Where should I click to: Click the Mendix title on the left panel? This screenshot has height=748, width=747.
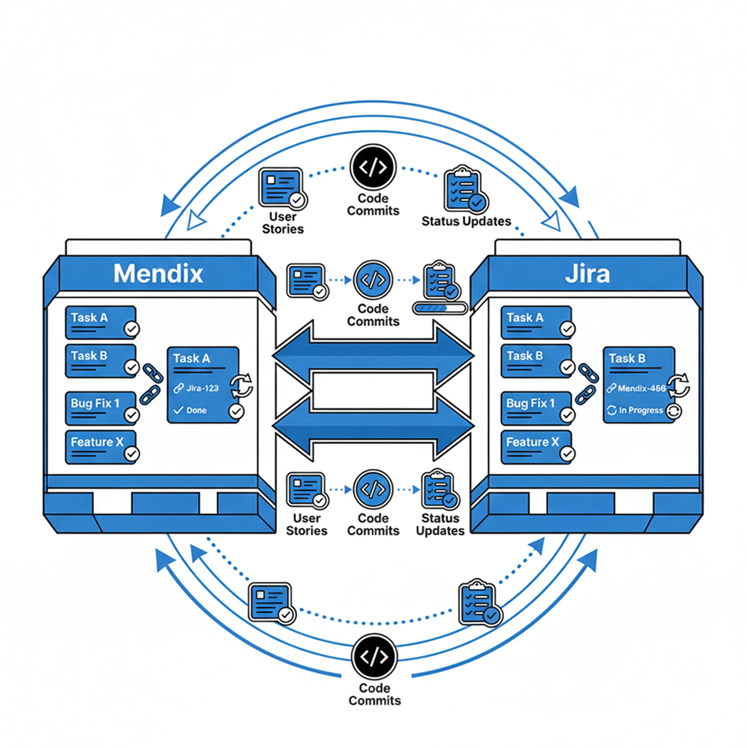pyautogui.click(x=158, y=274)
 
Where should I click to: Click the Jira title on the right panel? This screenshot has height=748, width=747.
pyautogui.click(x=587, y=274)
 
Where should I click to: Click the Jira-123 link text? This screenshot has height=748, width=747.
pyautogui.click(x=202, y=388)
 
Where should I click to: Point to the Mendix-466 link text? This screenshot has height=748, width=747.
pyautogui.click(x=641, y=388)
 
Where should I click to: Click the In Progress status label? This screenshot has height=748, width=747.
pyautogui.click(x=640, y=410)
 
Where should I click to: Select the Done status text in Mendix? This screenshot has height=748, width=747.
pyautogui.click(x=196, y=410)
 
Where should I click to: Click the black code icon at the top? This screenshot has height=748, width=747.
pyautogui.click(x=373, y=167)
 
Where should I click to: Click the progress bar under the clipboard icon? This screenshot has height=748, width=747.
pyautogui.click(x=440, y=308)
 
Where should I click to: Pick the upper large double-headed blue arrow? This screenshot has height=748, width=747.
pyautogui.click(x=373, y=355)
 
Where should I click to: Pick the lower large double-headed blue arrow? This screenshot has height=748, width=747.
pyautogui.click(x=373, y=426)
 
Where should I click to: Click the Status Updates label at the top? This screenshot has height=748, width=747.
pyautogui.click(x=466, y=221)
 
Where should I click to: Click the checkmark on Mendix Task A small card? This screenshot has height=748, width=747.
pyautogui.click(x=131, y=329)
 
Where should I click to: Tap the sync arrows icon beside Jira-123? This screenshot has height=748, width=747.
pyautogui.click(x=241, y=386)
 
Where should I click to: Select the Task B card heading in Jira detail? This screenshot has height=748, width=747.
pyautogui.click(x=627, y=358)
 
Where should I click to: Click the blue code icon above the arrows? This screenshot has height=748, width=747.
pyautogui.click(x=373, y=280)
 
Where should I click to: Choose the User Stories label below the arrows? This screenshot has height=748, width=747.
pyautogui.click(x=307, y=524)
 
